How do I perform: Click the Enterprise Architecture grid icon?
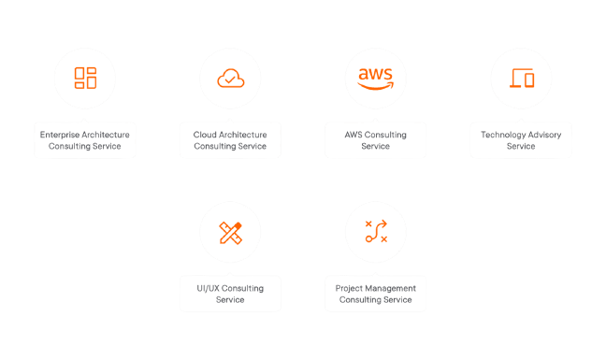(x=85, y=78)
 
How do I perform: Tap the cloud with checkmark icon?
(x=230, y=79)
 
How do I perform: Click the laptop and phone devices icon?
(x=521, y=79)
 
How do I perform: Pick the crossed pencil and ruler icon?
(x=230, y=233)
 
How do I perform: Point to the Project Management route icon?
(x=375, y=233)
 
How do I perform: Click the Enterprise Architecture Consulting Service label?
(x=85, y=140)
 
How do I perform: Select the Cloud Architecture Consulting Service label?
(x=230, y=140)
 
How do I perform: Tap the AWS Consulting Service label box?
(x=375, y=140)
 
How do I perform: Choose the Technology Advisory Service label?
(x=521, y=140)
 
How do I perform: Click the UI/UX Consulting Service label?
(x=230, y=294)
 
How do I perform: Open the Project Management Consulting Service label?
(x=375, y=294)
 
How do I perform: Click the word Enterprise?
(x=58, y=135)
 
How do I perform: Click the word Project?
(x=348, y=288)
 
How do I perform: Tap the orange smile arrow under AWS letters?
(x=375, y=86)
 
